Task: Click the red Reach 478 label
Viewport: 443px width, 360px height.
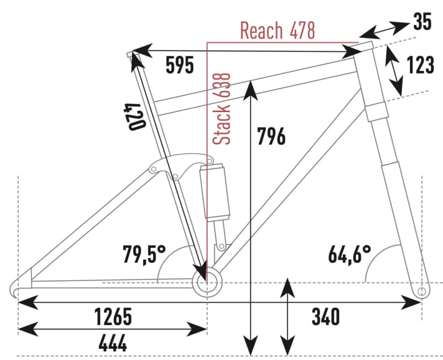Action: click(277, 31)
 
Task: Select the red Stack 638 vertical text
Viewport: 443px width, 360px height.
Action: click(222, 108)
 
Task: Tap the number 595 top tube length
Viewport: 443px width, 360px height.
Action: click(180, 65)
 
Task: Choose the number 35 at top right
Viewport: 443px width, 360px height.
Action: click(422, 22)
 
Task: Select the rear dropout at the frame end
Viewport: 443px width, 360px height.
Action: click(19, 288)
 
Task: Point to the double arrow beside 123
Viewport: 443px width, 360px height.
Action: click(394, 70)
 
